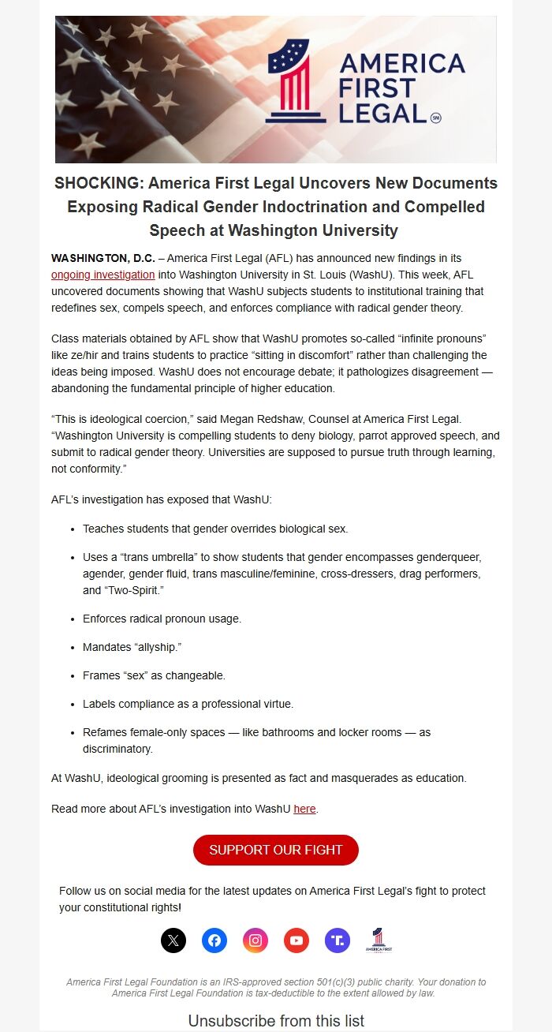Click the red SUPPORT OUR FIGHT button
point(276,850)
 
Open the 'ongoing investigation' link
point(103,275)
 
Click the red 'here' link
point(304,809)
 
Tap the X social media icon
point(173,940)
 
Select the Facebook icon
point(214,940)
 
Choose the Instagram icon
point(255,940)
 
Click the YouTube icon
point(297,940)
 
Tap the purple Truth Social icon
point(338,940)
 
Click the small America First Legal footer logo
point(379,940)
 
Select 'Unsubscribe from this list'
point(276,1021)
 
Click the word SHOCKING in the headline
point(98,183)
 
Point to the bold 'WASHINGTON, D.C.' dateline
point(103,258)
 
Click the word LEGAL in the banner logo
point(382,113)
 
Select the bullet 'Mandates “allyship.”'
point(132,647)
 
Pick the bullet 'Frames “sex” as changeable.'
point(154,675)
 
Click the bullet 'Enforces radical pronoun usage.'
point(162,619)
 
